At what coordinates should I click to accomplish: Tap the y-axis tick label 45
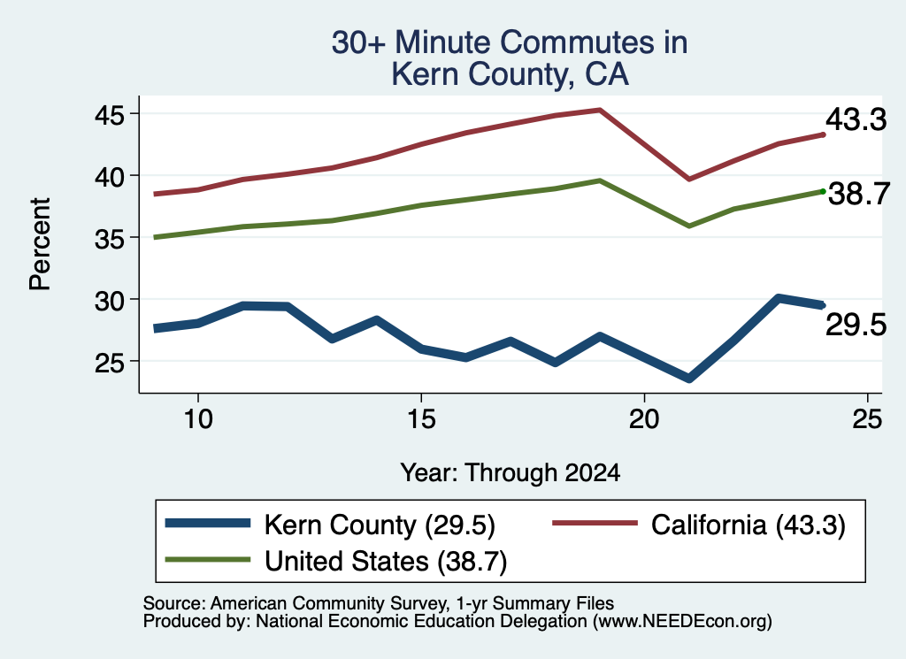tap(110, 116)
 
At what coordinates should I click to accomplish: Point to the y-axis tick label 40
tap(110, 177)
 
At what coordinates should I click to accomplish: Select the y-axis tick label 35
tap(110, 239)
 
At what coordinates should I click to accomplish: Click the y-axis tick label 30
tap(110, 301)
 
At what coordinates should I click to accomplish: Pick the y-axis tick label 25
tap(110, 363)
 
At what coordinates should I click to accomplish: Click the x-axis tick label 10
tap(198, 418)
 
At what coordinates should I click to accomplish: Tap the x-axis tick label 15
tap(421, 418)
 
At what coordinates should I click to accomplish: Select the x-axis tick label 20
tap(644, 418)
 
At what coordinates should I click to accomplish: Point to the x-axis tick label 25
tap(867, 418)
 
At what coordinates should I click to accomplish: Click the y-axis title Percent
tap(41, 244)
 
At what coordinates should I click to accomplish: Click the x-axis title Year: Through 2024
tap(511, 473)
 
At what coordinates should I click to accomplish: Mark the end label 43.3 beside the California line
tap(856, 119)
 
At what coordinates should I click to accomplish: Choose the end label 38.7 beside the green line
tap(859, 194)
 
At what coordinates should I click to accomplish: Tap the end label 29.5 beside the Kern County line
tap(856, 325)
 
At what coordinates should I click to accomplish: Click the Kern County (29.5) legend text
tap(380, 525)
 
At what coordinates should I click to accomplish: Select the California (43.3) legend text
tap(749, 525)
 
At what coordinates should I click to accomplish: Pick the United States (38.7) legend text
tap(386, 562)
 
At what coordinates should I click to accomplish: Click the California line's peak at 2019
tap(600, 110)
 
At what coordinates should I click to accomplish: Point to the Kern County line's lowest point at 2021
tap(688, 379)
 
